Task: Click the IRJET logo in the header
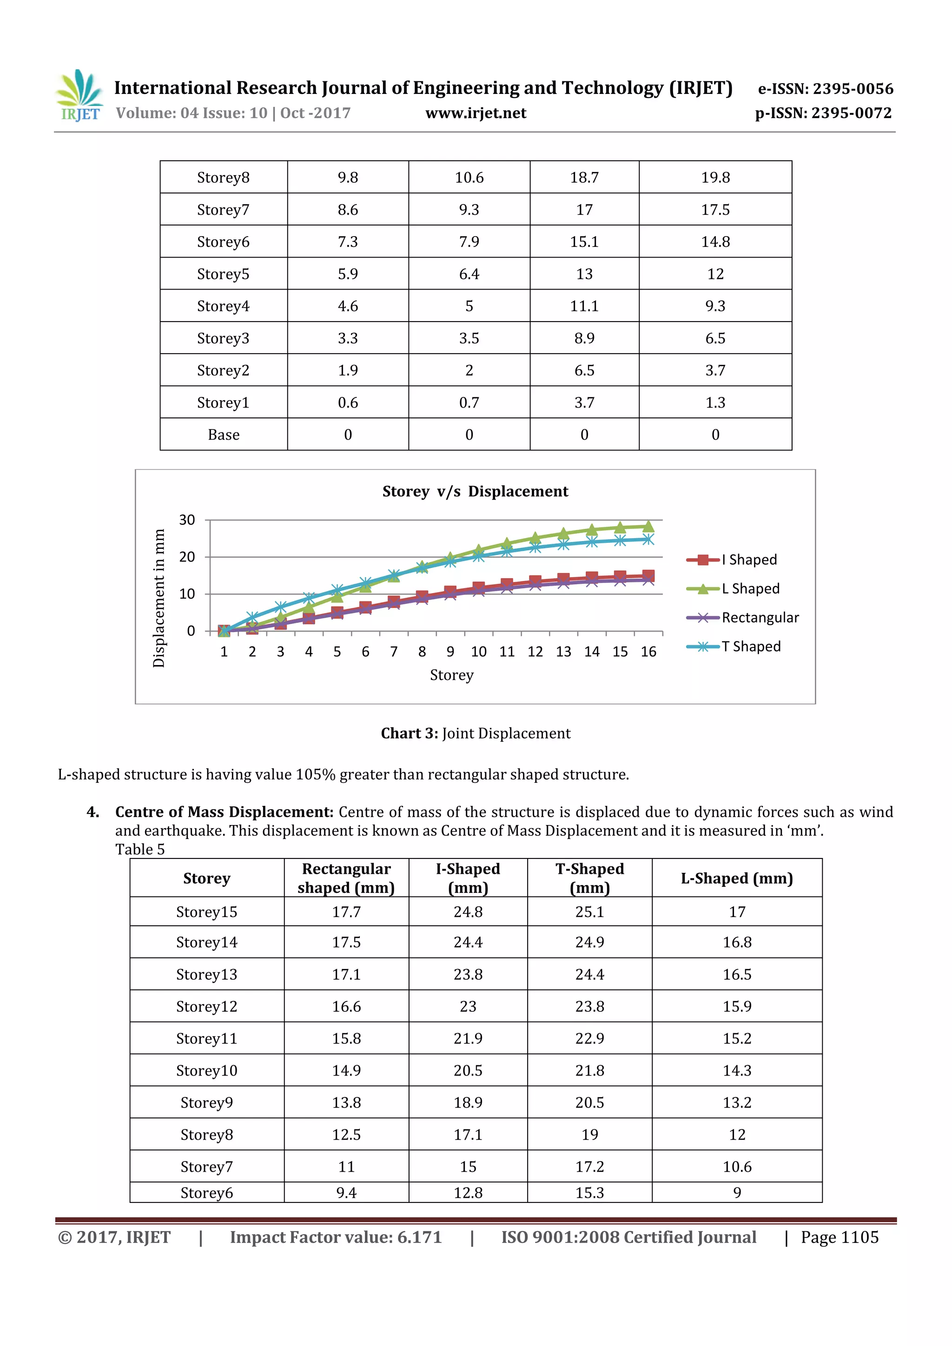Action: coord(79,96)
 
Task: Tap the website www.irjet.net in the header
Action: coord(476,113)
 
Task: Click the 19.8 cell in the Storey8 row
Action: coord(715,178)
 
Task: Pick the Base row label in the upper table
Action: coord(223,435)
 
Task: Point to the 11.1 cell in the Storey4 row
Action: coord(584,306)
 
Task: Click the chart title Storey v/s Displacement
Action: coord(475,491)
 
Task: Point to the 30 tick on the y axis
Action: coord(187,520)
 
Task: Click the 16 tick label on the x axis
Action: coord(648,652)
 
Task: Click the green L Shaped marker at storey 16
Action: coord(648,526)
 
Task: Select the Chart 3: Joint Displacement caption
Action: coord(476,733)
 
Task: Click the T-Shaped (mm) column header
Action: coord(590,878)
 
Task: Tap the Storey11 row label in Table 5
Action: coord(206,1039)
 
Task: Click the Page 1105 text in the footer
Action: coord(840,1238)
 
